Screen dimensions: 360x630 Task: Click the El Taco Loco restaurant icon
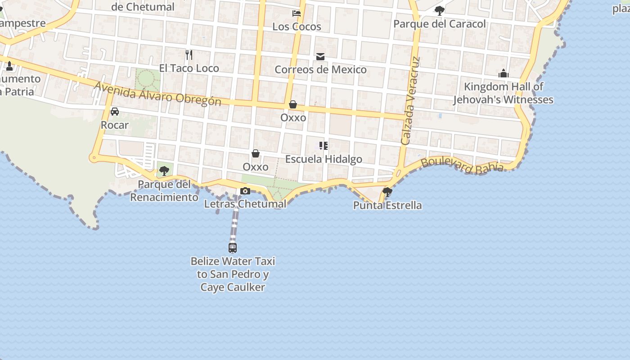coord(189,55)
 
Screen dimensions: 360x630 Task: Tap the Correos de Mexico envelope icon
coord(320,57)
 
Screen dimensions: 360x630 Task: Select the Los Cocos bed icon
coord(297,13)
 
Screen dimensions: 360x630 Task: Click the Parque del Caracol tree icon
coord(439,10)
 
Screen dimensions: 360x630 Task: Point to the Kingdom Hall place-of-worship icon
coord(503,73)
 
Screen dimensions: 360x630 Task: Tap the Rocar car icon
coord(115,112)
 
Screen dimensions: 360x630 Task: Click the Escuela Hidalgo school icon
coord(323,146)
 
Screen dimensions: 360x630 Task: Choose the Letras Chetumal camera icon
coord(245,191)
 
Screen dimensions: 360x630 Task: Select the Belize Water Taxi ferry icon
coord(233,247)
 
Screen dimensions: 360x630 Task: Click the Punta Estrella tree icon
coord(387,192)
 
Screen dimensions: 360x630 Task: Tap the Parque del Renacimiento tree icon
coord(164,171)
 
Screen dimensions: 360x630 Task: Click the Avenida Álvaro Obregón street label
coord(157,93)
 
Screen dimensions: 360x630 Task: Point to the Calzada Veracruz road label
coord(409,101)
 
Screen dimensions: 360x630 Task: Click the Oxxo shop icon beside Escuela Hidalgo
coord(256,154)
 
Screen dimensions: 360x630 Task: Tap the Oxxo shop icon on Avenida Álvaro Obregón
coord(293,105)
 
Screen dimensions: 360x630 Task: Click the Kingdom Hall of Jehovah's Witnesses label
coord(503,93)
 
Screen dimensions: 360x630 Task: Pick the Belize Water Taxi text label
coord(233,274)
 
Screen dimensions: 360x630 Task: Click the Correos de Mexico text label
coord(320,70)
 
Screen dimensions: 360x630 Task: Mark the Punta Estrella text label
coord(387,206)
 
